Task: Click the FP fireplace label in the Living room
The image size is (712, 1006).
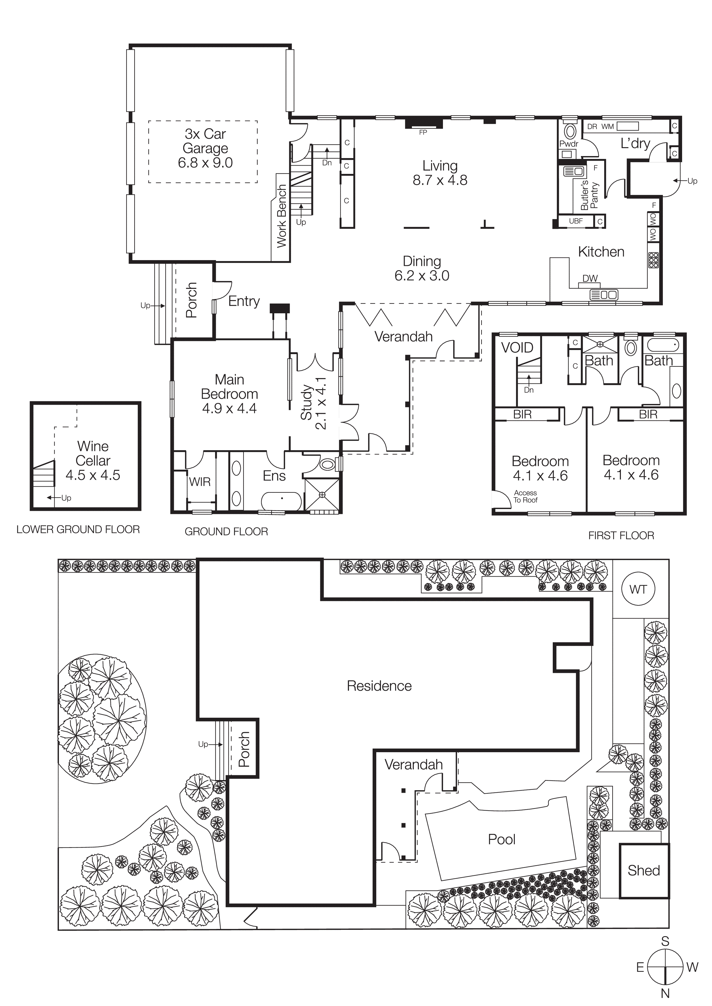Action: click(423, 133)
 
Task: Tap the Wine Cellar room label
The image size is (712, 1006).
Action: click(93, 460)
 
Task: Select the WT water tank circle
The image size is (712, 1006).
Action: click(638, 590)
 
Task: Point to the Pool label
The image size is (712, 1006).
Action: click(502, 839)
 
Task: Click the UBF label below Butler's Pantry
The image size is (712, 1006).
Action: click(576, 221)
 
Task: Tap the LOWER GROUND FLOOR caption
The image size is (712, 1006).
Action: click(78, 529)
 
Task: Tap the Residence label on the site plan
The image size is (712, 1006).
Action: click(379, 686)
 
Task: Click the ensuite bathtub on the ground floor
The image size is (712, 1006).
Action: click(281, 500)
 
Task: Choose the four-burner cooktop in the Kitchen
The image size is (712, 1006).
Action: click(653, 260)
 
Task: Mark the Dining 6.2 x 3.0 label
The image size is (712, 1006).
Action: click(422, 268)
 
